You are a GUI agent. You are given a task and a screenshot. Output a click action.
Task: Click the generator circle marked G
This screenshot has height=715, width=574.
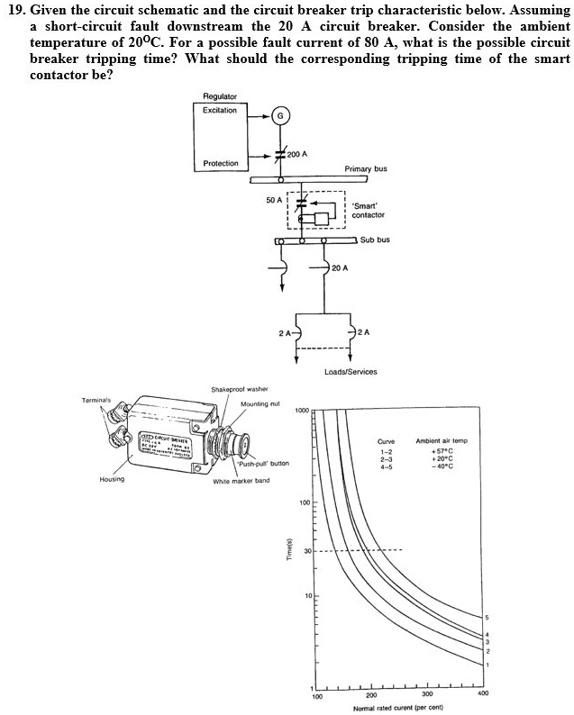(280, 116)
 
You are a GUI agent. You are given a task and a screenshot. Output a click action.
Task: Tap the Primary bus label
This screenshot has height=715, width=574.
(367, 168)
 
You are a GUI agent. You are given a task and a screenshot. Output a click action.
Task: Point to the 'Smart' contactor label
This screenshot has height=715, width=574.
(368, 210)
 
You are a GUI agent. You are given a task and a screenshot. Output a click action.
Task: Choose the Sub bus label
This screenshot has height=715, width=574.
(375, 240)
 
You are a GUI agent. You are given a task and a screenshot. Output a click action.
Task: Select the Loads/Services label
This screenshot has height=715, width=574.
(350, 371)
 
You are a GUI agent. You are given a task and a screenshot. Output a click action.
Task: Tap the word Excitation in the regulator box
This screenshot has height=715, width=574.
(220, 111)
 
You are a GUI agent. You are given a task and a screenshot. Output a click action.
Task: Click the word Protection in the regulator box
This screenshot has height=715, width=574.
(221, 163)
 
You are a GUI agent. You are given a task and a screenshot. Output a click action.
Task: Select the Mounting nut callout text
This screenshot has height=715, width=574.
(259, 404)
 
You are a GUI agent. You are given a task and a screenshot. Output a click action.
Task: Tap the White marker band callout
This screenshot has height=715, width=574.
(241, 481)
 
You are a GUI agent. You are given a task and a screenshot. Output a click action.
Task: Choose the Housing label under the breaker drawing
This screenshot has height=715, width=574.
(112, 480)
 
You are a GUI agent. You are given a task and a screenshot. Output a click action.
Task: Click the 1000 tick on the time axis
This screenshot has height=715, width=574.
(303, 411)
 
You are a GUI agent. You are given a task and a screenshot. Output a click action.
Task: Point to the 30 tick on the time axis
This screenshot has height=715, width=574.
(306, 550)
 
